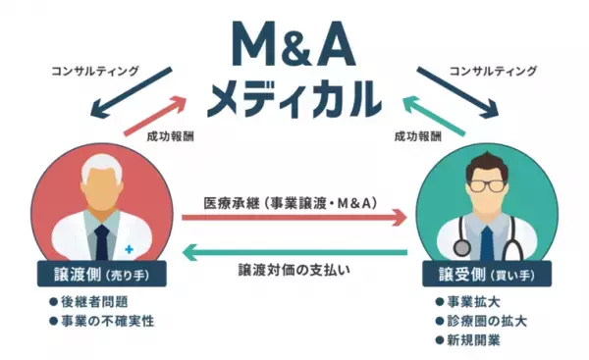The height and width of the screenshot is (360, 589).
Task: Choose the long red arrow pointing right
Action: [294, 213]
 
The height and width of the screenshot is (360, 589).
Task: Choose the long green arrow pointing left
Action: [294, 252]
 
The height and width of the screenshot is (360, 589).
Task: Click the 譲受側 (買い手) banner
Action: [485, 273]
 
